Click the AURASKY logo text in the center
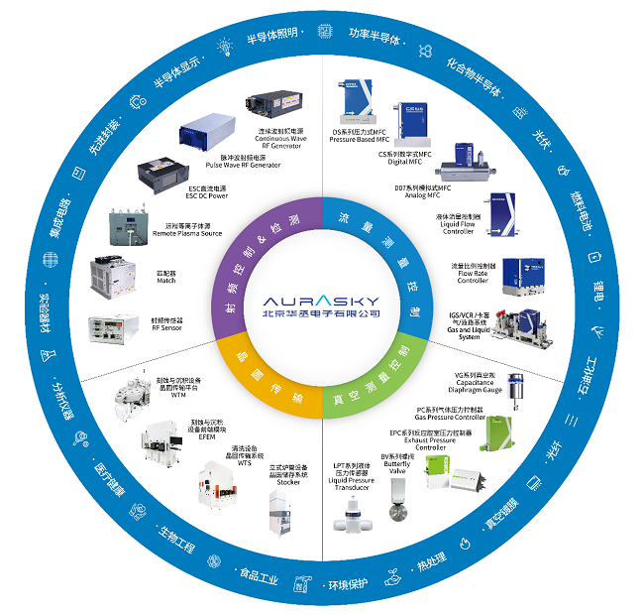(x=321, y=298)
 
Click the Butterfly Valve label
(x=397, y=468)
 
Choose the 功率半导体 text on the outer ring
(x=375, y=37)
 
